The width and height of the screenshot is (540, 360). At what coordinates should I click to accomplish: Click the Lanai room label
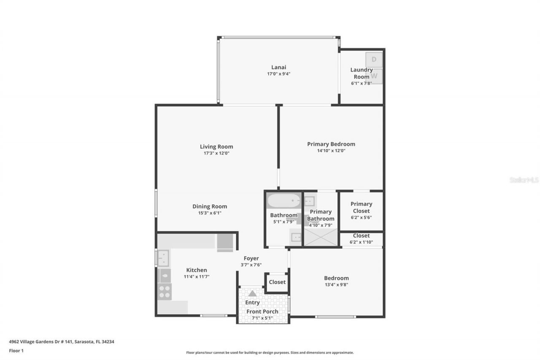tap(278, 67)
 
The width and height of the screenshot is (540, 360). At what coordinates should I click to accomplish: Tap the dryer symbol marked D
tap(374, 60)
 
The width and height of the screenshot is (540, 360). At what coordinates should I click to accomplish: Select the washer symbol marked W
tap(374, 76)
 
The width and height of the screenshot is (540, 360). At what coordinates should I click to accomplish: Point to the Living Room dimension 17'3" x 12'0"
tap(216, 153)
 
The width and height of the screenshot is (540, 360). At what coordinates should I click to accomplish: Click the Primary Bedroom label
tap(331, 144)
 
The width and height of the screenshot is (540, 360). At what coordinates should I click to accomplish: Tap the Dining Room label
tap(210, 206)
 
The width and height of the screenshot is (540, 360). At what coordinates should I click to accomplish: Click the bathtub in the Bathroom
tap(283, 200)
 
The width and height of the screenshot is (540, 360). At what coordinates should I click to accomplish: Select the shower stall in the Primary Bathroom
tap(321, 237)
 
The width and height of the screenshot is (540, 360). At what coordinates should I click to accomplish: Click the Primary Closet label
tap(361, 207)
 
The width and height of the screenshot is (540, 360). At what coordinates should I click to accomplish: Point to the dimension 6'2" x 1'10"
tap(361, 242)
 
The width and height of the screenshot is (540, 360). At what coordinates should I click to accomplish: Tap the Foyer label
tap(251, 258)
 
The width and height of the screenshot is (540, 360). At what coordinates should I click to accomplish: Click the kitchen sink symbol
tap(163, 258)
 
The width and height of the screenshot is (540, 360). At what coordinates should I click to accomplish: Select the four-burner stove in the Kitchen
tap(165, 291)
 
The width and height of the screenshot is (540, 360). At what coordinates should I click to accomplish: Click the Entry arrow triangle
tap(252, 293)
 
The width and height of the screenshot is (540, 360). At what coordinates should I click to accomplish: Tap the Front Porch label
tap(262, 311)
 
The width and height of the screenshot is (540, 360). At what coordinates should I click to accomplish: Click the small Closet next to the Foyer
tap(277, 282)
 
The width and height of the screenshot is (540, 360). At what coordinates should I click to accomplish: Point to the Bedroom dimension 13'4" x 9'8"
tap(336, 284)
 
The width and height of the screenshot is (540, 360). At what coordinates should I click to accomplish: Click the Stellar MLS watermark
tap(524, 180)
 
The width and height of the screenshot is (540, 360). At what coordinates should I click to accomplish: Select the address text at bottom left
tap(62, 342)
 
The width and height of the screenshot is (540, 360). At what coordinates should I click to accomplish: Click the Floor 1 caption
tap(16, 351)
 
